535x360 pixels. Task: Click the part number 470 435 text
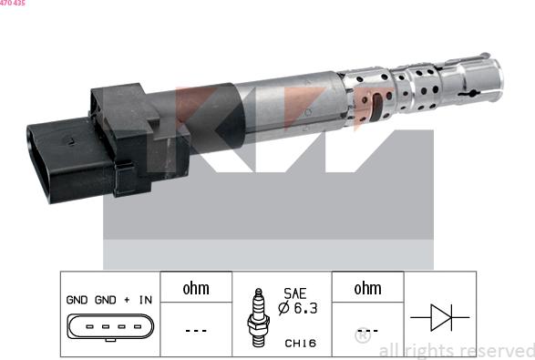point(13,3)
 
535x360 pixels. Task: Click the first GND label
point(77,300)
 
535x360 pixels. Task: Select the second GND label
point(106,300)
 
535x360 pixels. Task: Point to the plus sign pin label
point(127,300)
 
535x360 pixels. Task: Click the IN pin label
point(146,300)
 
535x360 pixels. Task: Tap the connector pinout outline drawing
point(110,327)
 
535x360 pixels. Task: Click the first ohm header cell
point(196,287)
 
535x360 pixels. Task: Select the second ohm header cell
point(367,287)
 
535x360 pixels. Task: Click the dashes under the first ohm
point(196,330)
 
